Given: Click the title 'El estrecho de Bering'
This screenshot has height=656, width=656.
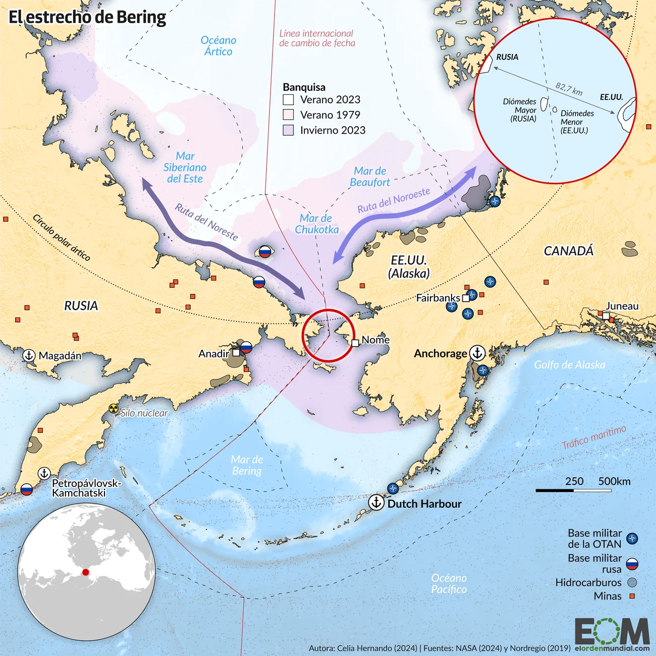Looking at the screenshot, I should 87,17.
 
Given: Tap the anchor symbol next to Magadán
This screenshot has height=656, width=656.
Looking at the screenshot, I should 29,355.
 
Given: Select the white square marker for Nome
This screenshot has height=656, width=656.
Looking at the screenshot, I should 355,343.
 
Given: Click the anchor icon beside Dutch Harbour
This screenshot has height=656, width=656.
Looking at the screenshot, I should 376,503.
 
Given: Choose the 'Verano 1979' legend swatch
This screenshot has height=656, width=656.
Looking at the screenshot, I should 288,115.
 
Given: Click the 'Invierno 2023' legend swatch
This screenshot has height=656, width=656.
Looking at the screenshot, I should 288,130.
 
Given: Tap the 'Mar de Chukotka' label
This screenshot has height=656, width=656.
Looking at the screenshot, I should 316,224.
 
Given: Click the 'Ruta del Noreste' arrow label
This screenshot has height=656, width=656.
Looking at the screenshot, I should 206,222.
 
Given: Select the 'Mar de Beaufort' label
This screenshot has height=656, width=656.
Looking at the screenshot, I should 370,177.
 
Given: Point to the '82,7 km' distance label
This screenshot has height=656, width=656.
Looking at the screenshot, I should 569,89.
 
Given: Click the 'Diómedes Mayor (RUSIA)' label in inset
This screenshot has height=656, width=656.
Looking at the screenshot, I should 521,110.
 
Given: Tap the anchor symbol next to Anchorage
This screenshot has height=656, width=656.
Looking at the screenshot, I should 477,353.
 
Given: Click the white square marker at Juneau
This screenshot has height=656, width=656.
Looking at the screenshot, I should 606,316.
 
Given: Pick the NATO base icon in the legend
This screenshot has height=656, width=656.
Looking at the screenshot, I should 631,539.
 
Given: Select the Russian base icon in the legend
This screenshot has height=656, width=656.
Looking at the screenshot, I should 631,564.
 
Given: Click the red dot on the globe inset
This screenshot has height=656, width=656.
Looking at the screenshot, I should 86,572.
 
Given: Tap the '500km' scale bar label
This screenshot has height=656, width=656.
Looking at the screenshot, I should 614,481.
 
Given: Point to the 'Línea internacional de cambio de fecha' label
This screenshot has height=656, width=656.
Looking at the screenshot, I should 317,38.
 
